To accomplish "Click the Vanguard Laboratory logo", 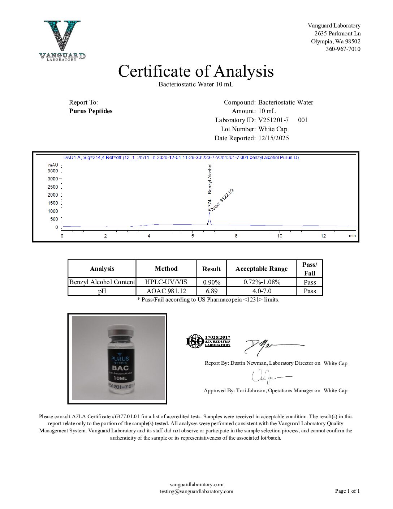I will coord(62,40).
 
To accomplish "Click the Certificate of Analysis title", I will coord(196,71).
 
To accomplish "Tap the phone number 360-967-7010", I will coord(343,49).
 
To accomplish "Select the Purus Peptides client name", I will coord(91,111).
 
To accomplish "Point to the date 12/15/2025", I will coord(273,138).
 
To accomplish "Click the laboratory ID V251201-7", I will coord(273,120).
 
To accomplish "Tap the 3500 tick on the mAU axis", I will coord(53,171).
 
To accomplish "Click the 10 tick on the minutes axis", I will coord(280,236).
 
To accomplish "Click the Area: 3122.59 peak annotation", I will coord(223,200).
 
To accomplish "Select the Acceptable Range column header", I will coord(262,269).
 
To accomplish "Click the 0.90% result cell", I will coord(211,282).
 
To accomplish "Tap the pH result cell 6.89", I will coord(211,291).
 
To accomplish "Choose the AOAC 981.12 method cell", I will coord(166,291).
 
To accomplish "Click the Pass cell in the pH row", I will coord(310,291).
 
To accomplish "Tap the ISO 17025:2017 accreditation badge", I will coord(208,341).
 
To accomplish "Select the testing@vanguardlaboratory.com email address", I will coord(196,491).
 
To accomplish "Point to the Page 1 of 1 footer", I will coord(347,491).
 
